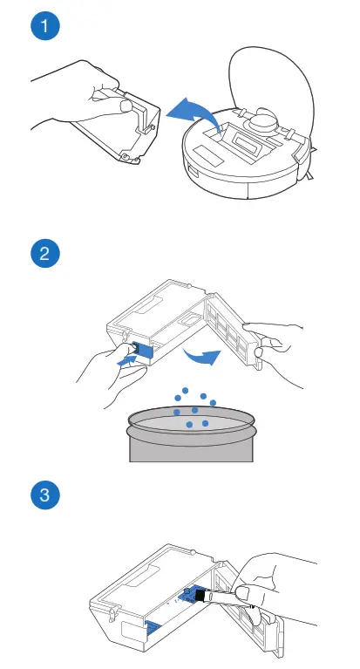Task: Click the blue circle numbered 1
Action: [45, 25]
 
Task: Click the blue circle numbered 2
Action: [45, 254]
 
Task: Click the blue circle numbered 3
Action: [45, 495]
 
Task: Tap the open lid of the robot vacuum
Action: [268, 81]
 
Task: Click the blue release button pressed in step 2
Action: [143, 352]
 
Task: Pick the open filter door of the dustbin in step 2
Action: [234, 329]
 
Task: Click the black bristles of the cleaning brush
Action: [200, 594]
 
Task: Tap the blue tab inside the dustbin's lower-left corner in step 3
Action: [153, 626]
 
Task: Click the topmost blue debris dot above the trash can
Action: [185, 391]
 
